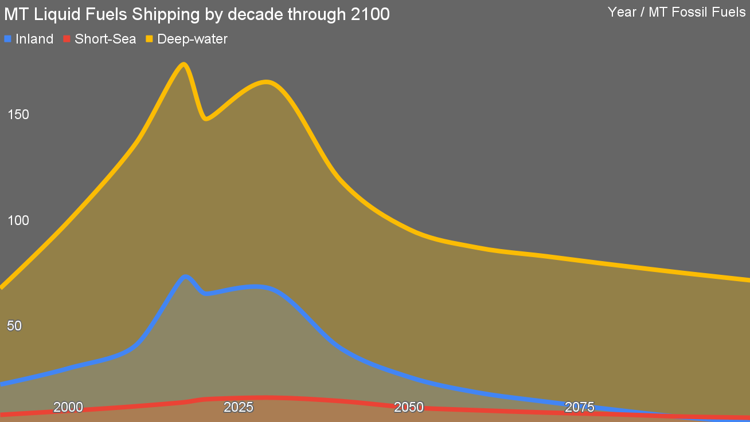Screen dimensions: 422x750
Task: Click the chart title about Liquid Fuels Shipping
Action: coord(197,15)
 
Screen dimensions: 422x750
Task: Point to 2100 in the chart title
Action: coord(370,15)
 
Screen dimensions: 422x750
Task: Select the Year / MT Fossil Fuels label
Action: coord(676,12)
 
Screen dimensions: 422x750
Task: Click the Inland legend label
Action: coord(34,39)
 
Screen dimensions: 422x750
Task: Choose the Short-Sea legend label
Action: coord(105,39)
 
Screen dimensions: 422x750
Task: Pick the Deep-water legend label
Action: coord(192,39)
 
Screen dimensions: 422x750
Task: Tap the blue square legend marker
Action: coord(8,39)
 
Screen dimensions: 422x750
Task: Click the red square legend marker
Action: coord(67,39)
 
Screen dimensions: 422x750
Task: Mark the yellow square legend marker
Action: coord(149,39)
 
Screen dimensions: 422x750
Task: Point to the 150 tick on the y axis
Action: coord(18,115)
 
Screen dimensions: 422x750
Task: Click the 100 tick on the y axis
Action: coord(18,220)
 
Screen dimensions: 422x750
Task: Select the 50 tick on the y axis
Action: coord(14,326)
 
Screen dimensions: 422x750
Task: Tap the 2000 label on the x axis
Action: coord(68,407)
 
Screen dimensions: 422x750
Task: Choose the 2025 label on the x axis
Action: coord(238,407)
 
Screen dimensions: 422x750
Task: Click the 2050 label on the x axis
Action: coord(408,407)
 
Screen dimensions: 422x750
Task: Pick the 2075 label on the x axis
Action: coord(579,407)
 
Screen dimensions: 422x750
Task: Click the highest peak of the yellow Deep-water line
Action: coord(183,64)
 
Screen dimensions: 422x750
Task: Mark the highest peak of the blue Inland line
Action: coord(185,277)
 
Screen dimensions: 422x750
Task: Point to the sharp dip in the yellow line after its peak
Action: coord(206,119)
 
